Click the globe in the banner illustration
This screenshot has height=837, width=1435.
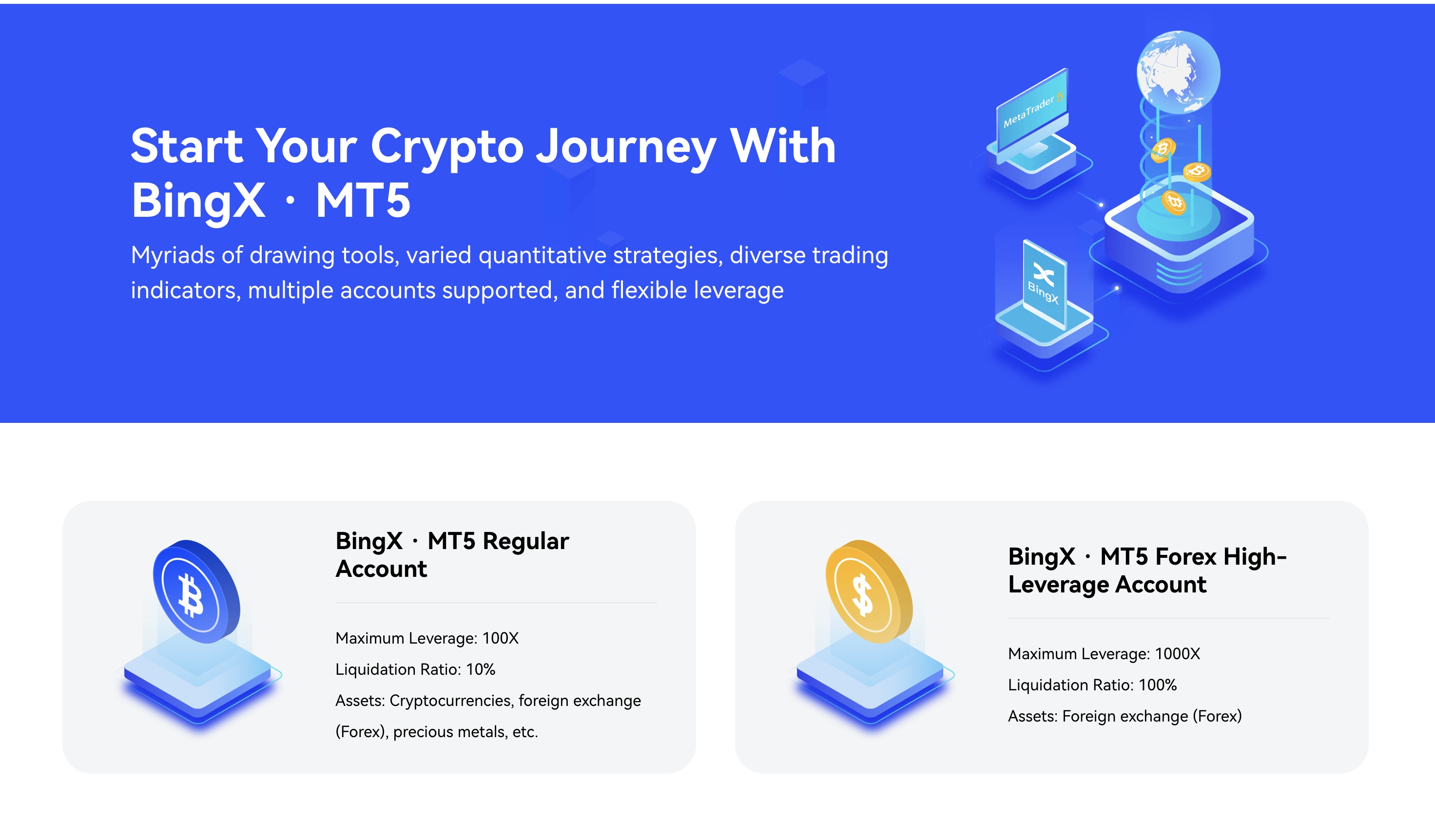point(1178,72)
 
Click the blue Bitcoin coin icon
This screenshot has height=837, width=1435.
point(196,592)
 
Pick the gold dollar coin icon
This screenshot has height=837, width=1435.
point(869,592)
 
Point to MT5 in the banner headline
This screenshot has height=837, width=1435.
point(363,200)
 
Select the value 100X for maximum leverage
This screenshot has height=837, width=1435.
point(500,638)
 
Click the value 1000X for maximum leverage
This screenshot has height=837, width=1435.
point(1177,654)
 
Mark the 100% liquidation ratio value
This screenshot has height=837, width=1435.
point(1158,685)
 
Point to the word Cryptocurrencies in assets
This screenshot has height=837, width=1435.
point(450,701)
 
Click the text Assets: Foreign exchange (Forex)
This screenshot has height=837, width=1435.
point(1125,716)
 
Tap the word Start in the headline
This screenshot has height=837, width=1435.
point(186,146)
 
